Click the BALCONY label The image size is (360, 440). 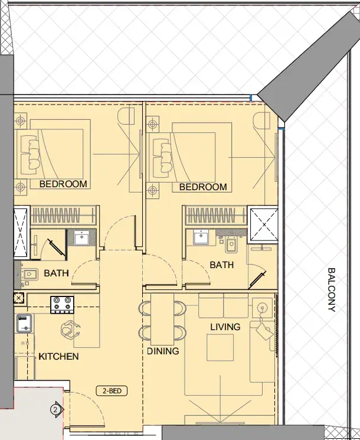click(332, 290)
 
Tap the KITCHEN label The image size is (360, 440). click(58, 356)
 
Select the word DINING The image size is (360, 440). click(163, 351)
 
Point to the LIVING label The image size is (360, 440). click(225, 327)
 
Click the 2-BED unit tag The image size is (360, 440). click(112, 390)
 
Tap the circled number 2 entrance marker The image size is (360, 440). click(55, 410)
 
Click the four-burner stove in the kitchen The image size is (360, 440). click(62, 305)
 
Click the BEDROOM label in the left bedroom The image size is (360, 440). click(63, 184)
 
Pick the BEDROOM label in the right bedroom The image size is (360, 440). click(203, 187)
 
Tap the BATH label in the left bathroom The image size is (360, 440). click(56, 273)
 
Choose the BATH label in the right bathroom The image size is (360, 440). click(221, 265)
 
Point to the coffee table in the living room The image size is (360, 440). click(220, 348)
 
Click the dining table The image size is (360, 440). click(162, 320)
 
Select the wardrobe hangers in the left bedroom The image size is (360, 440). click(64, 216)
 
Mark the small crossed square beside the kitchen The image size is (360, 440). click(19, 298)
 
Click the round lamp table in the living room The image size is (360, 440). click(263, 308)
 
